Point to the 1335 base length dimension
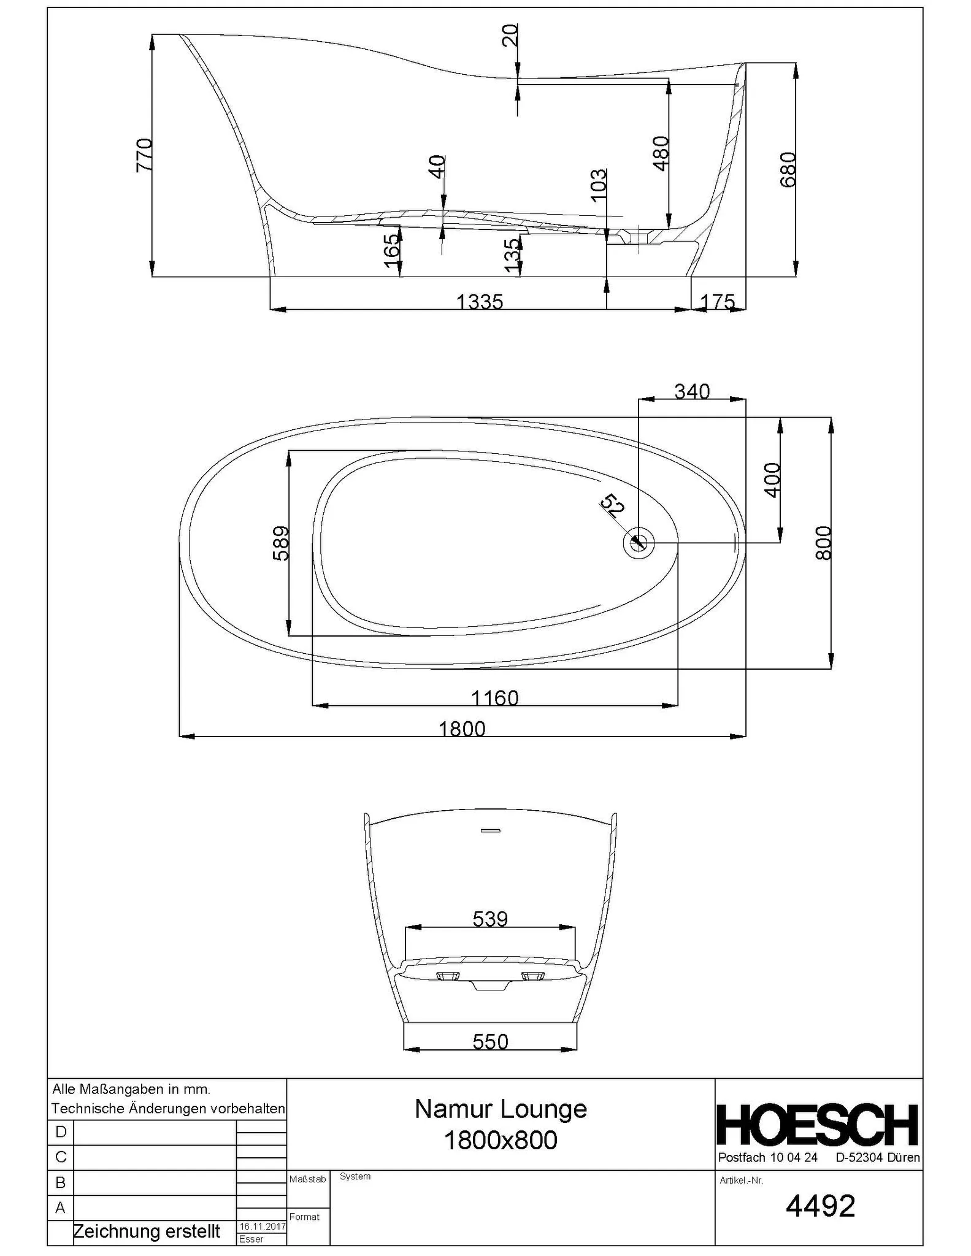(480, 302)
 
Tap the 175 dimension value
(717, 301)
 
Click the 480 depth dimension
(661, 153)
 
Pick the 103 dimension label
(598, 183)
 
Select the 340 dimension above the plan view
(692, 391)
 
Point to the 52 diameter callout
(612, 507)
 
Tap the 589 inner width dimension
(281, 543)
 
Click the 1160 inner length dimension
(494, 698)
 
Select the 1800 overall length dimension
(462, 729)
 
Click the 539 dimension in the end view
(490, 919)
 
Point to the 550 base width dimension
(490, 1041)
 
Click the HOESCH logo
(818, 1125)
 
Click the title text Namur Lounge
(501, 1109)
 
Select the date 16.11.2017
(262, 1226)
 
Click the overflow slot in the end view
(491, 831)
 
